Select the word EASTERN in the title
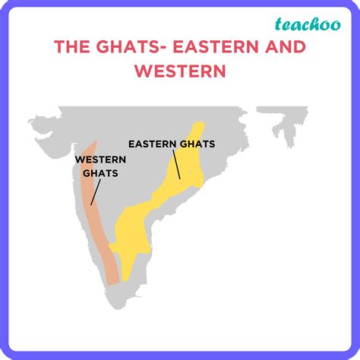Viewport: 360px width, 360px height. coord(215,47)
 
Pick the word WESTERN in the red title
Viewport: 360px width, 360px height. coord(180,71)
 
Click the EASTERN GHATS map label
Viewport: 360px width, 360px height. coord(172,143)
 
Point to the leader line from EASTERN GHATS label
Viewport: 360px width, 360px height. coord(176,163)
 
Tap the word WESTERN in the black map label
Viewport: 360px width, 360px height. coord(99,160)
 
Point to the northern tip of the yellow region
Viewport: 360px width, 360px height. coord(199,124)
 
